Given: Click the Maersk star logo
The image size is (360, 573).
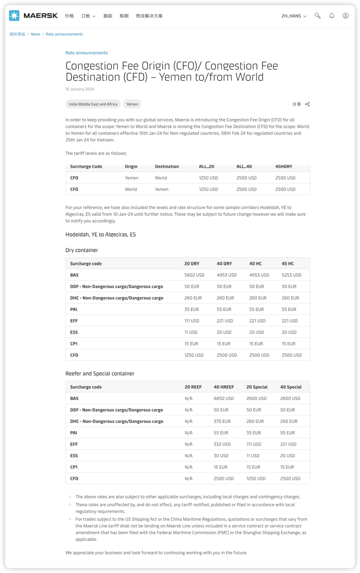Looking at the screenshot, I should pyautogui.click(x=14, y=16).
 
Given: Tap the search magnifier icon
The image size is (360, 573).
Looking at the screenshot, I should pyautogui.click(x=317, y=16).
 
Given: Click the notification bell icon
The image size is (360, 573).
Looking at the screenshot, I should pyautogui.click(x=332, y=16).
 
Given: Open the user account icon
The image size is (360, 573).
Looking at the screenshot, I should pyautogui.click(x=346, y=16).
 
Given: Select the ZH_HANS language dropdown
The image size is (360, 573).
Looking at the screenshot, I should pyautogui.click(x=294, y=16).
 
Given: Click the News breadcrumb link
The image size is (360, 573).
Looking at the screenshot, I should pyautogui.click(x=35, y=34).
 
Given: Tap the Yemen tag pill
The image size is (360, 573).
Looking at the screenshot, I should pyautogui.click(x=132, y=104).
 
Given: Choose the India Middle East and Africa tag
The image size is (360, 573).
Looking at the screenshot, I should pyautogui.click(x=93, y=104).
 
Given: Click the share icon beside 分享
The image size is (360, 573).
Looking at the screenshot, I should pyautogui.click(x=307, y=104).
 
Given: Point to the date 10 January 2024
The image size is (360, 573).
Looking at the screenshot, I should pyautogui.click(x=80, y=89).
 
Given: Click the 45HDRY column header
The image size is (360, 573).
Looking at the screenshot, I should pyautogui.click(x=284, y=167).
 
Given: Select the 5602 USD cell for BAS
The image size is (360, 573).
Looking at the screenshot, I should pyautogui.click(x=194, y=275).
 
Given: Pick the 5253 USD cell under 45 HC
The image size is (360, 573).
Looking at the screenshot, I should pyautogui.click(x=291, y=275).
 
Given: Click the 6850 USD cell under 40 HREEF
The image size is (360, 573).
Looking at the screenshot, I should pyautogui.click(x=224, y=398).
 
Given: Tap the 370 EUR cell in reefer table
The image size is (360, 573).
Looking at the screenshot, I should pyautogui.click(x=222, y=421).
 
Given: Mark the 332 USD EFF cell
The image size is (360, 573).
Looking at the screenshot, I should pyautogui.click(x=222, y=444).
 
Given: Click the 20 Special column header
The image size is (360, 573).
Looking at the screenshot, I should pyautogui.click(x=257, y=387).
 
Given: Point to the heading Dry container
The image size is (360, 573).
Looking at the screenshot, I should pyautogui.click(x=82, y=250).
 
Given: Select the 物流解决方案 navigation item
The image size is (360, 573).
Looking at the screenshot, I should pyautogui.click(x=149, y=16).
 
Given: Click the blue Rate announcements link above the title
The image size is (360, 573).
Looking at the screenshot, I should pyautogui.click(x=87, y=53).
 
